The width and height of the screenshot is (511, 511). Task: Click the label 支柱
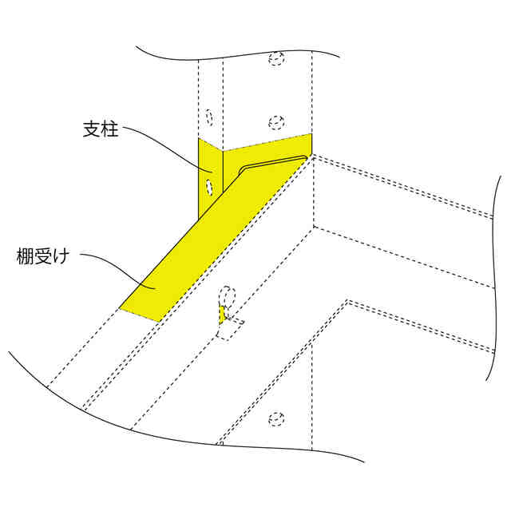coord(101,129)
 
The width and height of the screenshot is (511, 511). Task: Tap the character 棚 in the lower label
coord(26,257)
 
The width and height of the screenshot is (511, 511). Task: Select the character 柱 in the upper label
coord(110,129)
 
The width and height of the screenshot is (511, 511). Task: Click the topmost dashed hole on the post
coord(276,58)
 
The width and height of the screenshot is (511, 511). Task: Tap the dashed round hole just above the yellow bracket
coord(276,122)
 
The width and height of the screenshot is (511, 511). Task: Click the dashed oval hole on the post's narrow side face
coord(208,117)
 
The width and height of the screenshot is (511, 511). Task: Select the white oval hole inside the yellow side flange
coord(209,188)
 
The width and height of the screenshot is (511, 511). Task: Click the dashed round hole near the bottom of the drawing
coord(276,418)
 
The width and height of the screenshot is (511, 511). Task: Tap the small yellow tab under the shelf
coord(223,315)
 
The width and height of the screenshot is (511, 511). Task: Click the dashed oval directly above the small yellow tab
coord(228,297)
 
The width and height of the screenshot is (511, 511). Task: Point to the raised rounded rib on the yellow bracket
coord(271,162)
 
